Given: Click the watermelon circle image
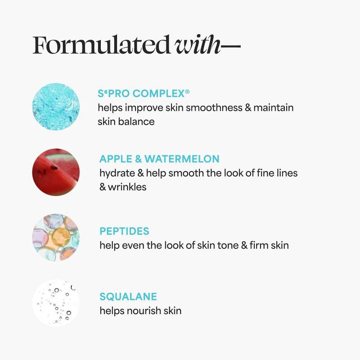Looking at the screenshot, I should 56,172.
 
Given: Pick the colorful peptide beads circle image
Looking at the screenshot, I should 56,237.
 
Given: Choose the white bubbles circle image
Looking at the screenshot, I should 56,302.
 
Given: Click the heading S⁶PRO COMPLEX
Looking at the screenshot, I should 141,94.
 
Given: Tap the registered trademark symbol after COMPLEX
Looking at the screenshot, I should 187,92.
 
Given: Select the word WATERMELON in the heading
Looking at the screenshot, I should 182,159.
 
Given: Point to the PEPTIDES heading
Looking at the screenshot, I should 124,231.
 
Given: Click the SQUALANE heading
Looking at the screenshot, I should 128,297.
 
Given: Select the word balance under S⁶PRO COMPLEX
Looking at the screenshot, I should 136,121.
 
